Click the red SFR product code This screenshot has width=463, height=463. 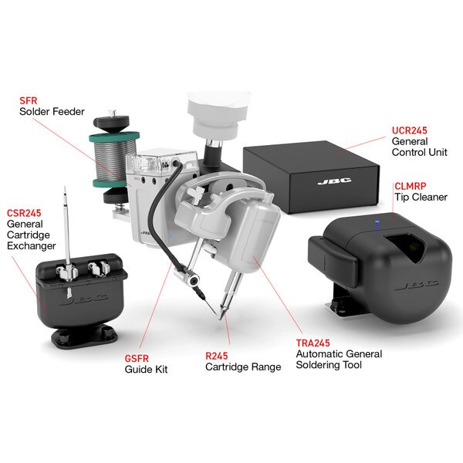29,100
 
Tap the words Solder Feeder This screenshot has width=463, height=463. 52,112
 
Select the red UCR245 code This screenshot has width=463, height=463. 409,130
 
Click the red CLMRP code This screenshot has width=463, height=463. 411,186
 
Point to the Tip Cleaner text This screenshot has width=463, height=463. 421,198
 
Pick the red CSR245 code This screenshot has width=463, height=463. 24,213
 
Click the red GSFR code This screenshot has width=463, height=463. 137,359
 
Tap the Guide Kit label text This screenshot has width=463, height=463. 146,370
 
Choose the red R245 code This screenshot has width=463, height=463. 216,356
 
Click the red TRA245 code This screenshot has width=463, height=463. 313,343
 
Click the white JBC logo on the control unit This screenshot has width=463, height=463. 335,181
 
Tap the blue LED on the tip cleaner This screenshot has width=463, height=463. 377,223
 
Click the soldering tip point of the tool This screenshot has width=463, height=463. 221,319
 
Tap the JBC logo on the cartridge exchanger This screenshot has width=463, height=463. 84,300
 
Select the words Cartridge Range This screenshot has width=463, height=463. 243,367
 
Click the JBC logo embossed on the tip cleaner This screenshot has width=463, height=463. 417,286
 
